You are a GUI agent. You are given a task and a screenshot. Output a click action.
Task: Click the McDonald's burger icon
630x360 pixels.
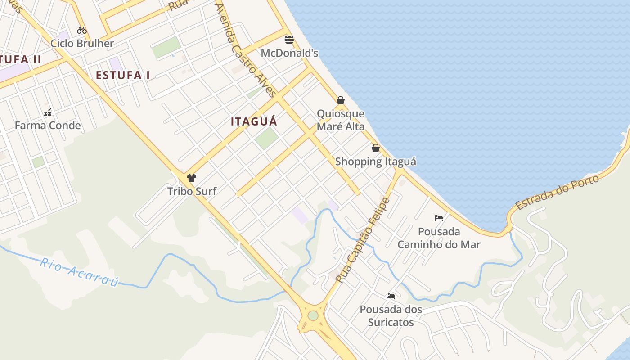pos(289,40)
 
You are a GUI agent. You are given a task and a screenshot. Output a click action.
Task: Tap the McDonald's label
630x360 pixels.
pos(289,53)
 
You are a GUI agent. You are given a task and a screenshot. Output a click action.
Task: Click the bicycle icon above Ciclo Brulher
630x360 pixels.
pos(82,30)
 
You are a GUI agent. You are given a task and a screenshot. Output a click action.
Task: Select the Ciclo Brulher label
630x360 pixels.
pos(82,43)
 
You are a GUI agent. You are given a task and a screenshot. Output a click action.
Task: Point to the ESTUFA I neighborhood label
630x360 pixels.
pos(123,75)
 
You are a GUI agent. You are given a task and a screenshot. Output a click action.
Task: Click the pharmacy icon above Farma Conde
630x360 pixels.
pos(48,112)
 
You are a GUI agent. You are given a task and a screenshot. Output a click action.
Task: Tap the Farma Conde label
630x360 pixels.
pos(48,126)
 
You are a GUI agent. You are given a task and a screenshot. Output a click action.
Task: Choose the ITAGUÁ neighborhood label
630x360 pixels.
pos(254,121)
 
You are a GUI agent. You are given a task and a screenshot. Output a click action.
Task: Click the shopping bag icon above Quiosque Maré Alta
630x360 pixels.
pos(341,100)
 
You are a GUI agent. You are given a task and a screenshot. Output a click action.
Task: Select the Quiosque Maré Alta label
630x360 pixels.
pos(341,120)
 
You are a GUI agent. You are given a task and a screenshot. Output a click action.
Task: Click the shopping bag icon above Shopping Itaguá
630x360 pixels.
pos(376,148)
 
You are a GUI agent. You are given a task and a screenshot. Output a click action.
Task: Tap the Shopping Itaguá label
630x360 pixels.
pos(376,162)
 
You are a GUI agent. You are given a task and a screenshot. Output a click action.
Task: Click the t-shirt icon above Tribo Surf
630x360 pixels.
pos(192,178)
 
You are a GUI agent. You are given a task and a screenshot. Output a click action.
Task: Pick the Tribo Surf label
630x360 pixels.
pos(192,191)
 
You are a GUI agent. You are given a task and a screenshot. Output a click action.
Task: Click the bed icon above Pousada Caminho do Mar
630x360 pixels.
pos(439,218)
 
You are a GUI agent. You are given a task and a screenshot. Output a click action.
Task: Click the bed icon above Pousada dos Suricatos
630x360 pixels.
pos(391,296)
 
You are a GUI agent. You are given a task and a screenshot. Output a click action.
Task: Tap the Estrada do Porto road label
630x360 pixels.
pos(558,192)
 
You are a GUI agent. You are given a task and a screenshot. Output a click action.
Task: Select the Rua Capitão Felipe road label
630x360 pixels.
pos(362,240)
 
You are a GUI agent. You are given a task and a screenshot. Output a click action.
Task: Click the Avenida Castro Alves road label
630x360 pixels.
pos(245,50)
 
